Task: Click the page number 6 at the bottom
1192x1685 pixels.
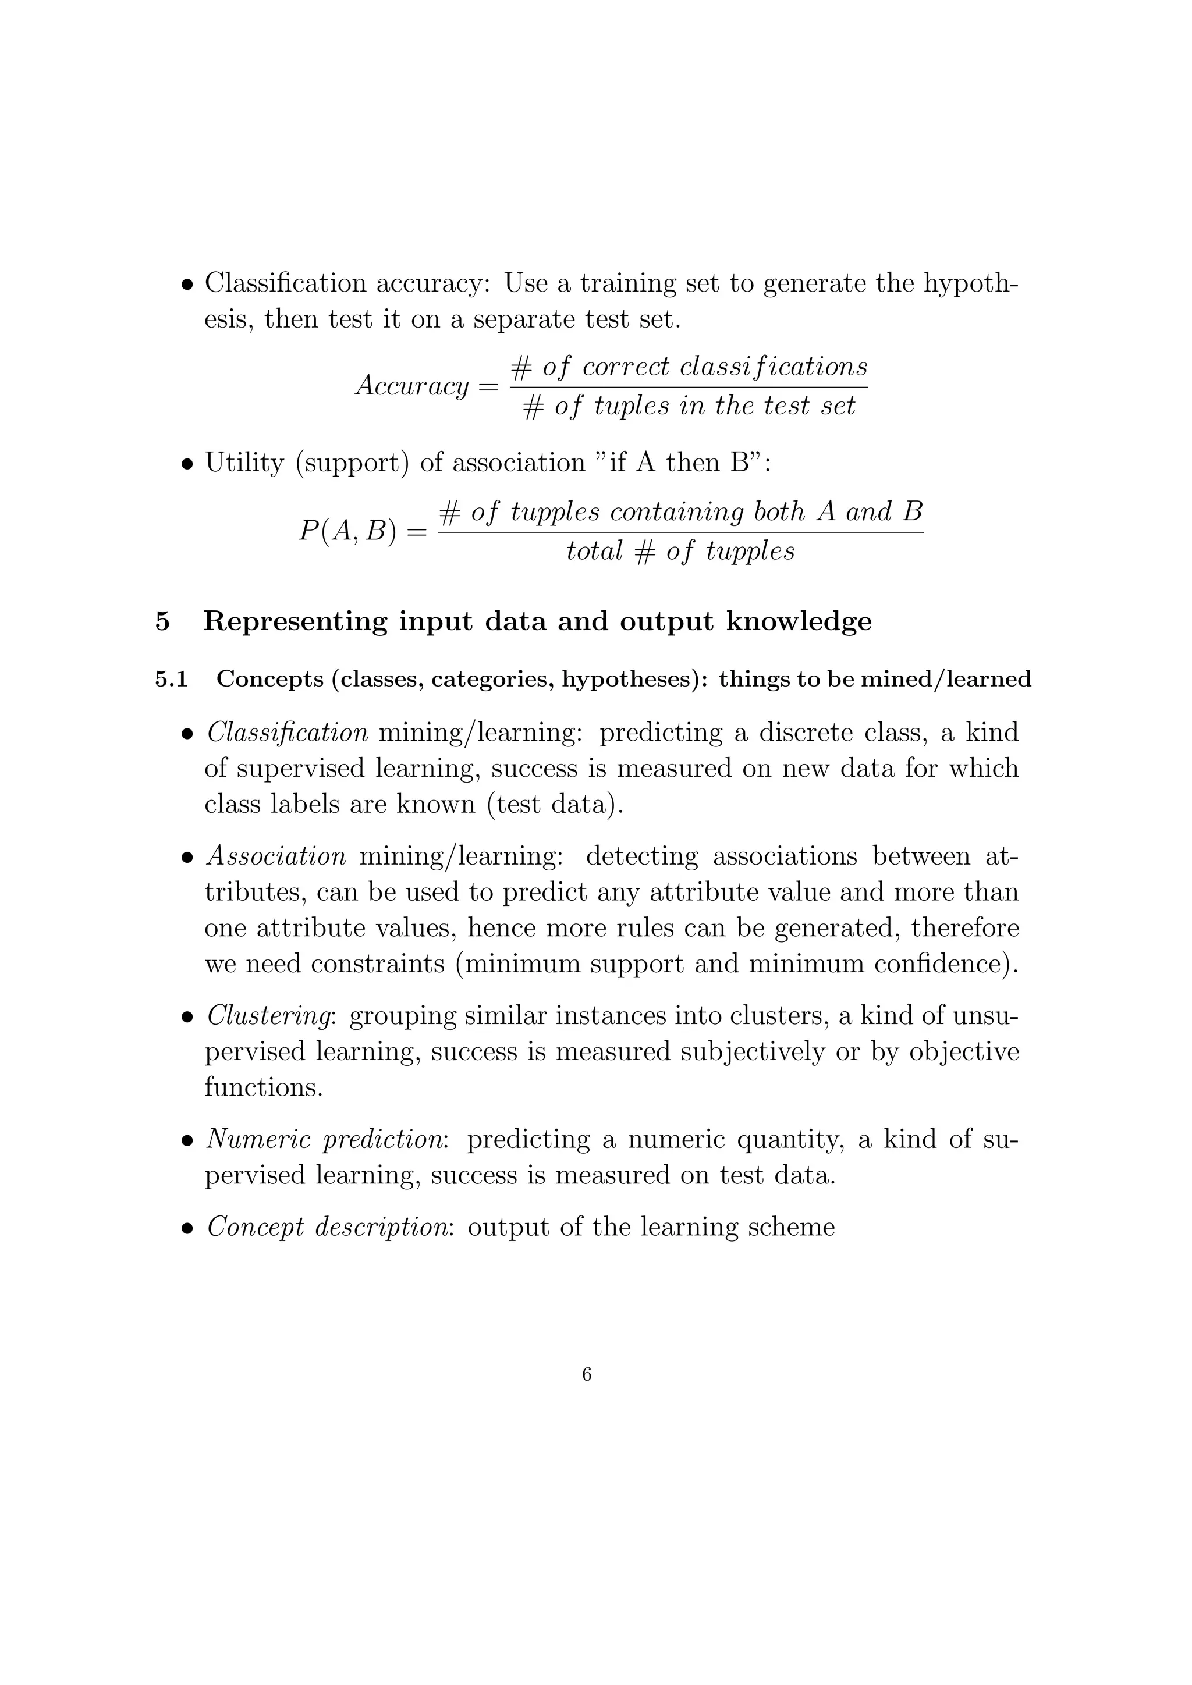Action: pyautogui.click(x=587, y=1374)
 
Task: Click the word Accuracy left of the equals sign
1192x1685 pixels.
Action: pyautogui.click(x=411, y=385)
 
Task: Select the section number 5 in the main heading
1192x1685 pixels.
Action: pyautogui.click(x=163, y=621)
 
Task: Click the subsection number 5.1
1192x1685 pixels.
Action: pyautogui.click(x=171, y=680)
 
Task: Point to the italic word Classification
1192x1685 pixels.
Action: pyautogui.click(x=287, y=733)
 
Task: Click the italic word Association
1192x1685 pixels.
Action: pyautogui.click(x=276, y=856)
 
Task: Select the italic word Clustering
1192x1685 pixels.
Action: pyautogui.click(x=271, y=1016)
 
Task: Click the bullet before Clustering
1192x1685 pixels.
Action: pyautogui.click(x=189, y=1018)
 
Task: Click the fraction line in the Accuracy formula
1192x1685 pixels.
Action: pyautogui.click(x=689, y=387)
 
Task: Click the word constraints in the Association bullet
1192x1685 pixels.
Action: pyautogui.click(x=377, y=963)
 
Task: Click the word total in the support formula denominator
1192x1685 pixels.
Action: pyautogui.click(x=594, y=550)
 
